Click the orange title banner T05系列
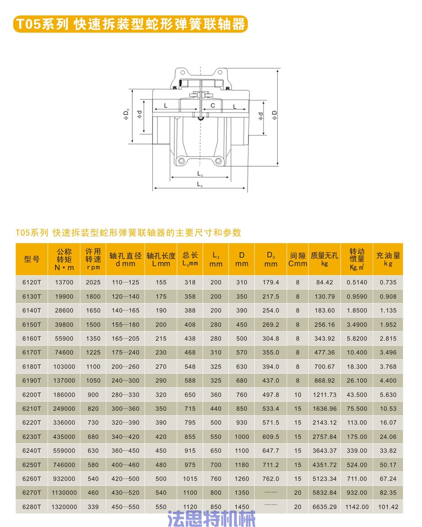130,24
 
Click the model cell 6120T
32,282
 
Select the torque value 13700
64,282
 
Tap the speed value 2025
93,282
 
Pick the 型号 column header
32,259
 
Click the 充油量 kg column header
388,259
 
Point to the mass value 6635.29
324,507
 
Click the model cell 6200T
32,395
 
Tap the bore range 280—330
126,395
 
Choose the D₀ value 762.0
271,479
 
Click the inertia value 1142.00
357,507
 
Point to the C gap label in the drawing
213,105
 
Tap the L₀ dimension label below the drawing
200,184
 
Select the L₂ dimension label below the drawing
200,174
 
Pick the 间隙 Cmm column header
297,259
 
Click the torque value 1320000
64,507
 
